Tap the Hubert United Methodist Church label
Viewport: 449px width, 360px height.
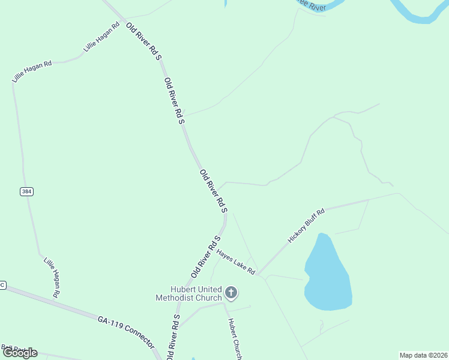pos(188,293)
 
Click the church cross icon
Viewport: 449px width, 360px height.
pos(231,293)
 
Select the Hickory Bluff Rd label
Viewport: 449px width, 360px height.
pos(306,225)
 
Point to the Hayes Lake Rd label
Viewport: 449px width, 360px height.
pos(236,262)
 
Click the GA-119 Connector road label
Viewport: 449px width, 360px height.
pos(126,329)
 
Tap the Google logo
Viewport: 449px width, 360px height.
pos(20,353)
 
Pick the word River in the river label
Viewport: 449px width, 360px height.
pos(316,6)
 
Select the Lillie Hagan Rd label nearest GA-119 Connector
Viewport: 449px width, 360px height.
pos(52,277)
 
